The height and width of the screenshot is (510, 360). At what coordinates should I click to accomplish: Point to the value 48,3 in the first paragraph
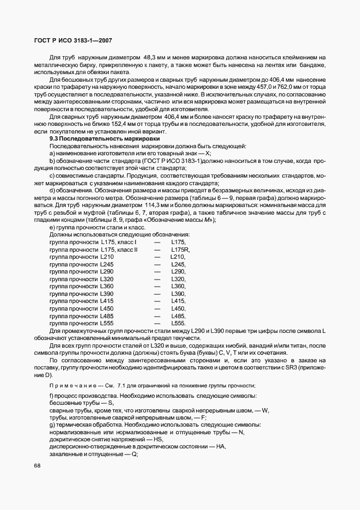pos(151,57)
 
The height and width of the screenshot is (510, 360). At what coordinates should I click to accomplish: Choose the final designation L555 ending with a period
pos(178,323)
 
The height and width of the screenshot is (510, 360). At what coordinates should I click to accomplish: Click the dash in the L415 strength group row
pos(157,300)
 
